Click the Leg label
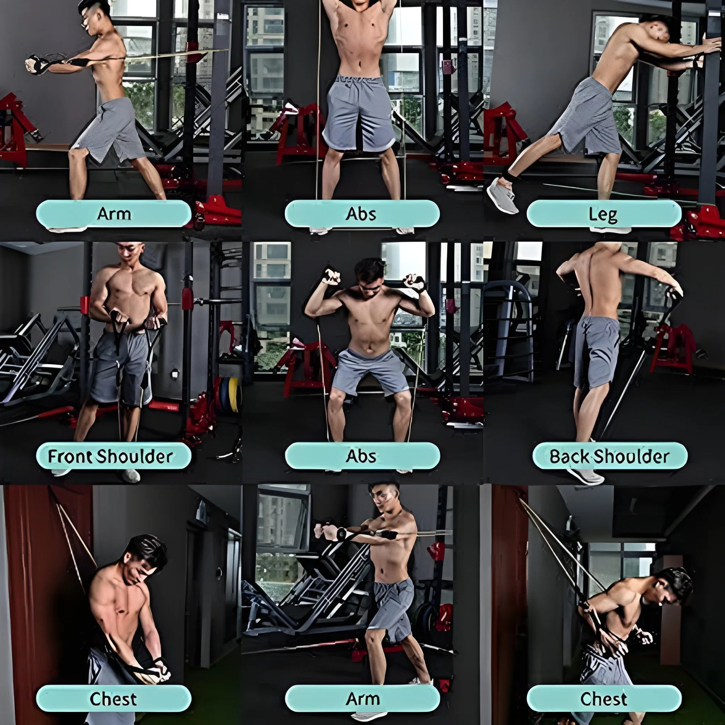(x=604, y=214)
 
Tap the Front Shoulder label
(x=113, y=456)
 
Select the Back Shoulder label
(x=610, y=456)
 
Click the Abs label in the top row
(x=362, y=214)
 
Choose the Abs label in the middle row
(x=362, y=456)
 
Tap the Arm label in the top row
(x=113, y=214)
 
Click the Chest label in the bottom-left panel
(x=113, y=699)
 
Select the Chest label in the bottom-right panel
(x=604, y=699)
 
